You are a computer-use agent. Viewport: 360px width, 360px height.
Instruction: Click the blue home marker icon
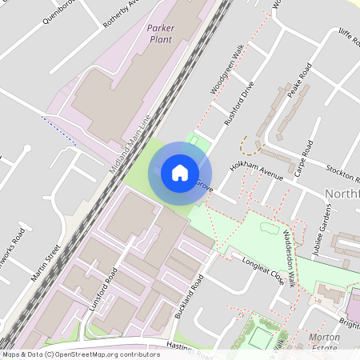tap(180, 172)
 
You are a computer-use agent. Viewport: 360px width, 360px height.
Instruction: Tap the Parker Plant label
tap(160, 33)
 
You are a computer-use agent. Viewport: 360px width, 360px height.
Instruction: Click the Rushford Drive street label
tap(239, 103)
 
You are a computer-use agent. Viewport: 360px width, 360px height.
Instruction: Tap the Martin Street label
tap(46, 263)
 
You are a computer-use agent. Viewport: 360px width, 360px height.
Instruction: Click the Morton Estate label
tap(324, 342)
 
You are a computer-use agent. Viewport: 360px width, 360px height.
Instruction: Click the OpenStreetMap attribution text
tap(80, 354)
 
